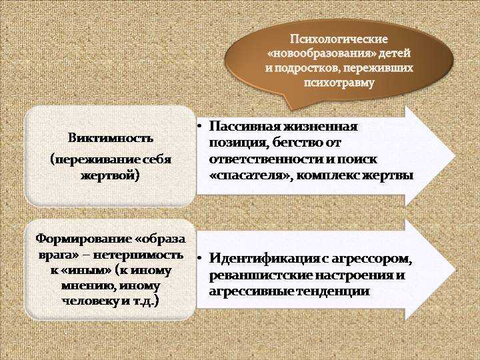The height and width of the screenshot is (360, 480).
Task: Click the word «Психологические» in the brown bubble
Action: (x=339, y=39)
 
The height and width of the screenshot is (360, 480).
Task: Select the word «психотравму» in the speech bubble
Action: (x=339, y=83)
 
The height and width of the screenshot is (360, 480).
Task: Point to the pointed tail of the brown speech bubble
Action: (x=289, y=109)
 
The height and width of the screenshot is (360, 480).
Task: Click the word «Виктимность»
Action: (x=111, y=138)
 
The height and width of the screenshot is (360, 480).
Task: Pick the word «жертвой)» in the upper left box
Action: (x=110, y=176)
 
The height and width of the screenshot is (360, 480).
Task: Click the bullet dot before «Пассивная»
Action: (x=199, y=126)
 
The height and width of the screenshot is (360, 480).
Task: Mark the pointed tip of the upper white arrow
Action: (x=455, y=155)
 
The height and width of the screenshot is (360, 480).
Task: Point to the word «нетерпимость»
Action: (x=139, y=255)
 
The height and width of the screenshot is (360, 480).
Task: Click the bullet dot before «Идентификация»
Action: (x=199, y=258)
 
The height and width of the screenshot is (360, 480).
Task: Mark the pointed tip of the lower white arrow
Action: (x=455, y=269)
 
